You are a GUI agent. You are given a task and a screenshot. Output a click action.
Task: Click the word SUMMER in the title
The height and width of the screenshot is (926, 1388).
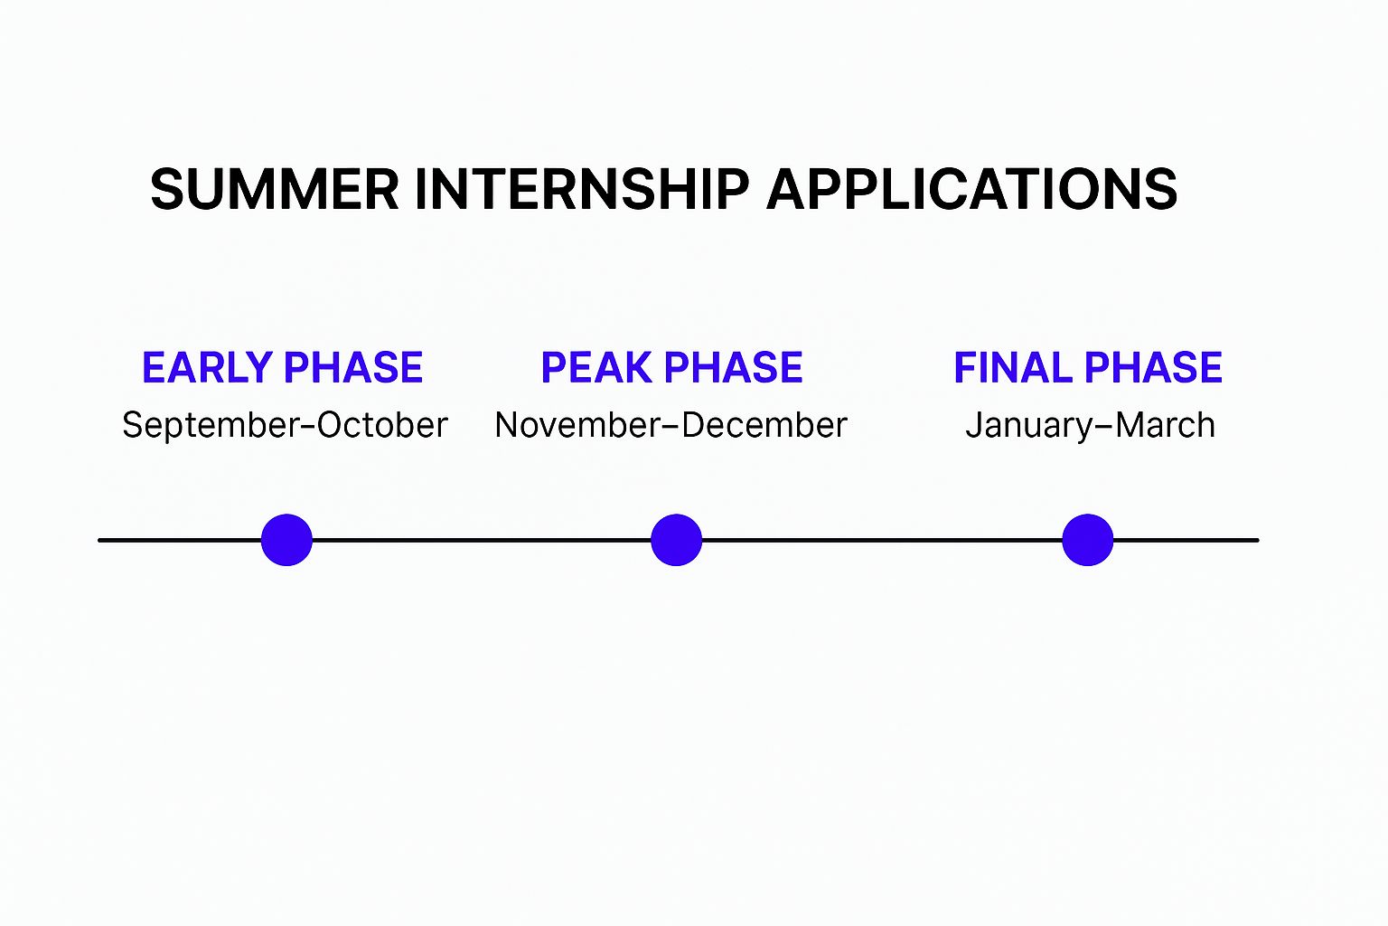point(274,189)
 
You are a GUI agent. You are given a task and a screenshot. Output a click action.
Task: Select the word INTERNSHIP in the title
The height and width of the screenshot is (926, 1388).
point(582,189)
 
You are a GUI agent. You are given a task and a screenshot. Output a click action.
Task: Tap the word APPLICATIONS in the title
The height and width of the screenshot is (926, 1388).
point(971,189)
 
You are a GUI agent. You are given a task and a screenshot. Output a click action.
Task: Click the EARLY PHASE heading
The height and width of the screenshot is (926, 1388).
point(283,367)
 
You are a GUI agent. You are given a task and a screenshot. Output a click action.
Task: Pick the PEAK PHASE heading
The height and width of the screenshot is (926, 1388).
point(671,367)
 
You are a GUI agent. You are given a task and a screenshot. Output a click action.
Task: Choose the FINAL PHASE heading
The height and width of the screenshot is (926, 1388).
point(1087,367)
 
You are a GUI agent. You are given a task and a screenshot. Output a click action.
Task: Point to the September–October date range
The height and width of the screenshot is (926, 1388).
point(285,426)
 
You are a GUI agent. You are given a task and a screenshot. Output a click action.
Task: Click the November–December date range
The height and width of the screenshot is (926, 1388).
point(671,426)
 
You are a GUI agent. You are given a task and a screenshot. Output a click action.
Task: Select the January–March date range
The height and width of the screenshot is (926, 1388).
point(1090,426)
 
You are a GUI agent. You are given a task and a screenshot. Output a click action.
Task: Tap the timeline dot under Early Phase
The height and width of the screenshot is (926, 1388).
point(286,540)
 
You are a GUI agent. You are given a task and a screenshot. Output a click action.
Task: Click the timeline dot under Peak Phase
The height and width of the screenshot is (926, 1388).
point(676,540)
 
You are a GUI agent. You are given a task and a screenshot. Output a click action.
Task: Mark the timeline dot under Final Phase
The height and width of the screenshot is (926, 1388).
point(1087,540)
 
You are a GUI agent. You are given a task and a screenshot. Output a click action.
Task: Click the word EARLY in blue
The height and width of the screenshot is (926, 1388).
point(208,367)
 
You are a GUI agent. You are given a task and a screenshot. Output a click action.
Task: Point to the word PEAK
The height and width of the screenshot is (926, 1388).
point(596,367)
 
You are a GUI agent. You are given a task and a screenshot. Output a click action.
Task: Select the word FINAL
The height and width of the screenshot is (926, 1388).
point(1013,367)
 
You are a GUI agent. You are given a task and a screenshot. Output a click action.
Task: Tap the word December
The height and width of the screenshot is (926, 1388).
point(764,426)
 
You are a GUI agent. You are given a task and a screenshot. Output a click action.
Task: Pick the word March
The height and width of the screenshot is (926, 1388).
point(1164,426)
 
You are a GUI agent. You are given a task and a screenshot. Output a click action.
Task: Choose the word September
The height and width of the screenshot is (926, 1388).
point(211,426)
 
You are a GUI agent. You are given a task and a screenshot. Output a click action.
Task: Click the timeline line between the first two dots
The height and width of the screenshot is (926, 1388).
point(482,540)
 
